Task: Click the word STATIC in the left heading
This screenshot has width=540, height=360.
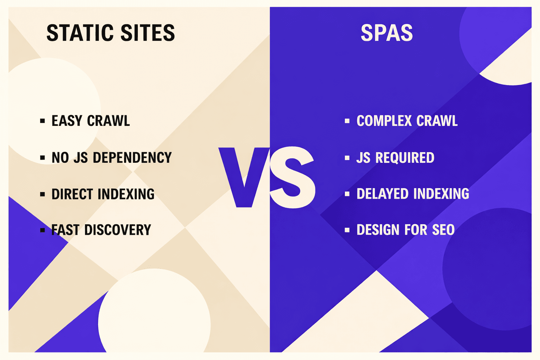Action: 80,33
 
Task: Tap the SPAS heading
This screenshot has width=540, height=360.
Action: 387,33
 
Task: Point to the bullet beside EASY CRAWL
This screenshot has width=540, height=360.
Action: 43,121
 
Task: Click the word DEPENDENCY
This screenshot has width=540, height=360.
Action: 132,157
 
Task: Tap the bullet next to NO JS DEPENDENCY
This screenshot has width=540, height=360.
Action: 43,158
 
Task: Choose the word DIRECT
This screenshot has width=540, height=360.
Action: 72,194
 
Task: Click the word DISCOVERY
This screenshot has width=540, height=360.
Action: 117,230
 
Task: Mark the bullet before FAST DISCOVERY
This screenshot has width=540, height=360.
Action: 43,230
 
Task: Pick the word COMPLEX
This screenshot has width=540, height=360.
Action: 384,121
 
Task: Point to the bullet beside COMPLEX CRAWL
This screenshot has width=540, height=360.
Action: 347,121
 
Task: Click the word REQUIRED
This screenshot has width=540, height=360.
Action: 405,158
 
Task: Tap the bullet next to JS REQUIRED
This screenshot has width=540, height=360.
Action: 347,158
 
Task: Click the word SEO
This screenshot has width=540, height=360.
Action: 443,230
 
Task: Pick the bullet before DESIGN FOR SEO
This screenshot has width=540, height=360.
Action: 347,230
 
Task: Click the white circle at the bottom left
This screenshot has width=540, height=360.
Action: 155,316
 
